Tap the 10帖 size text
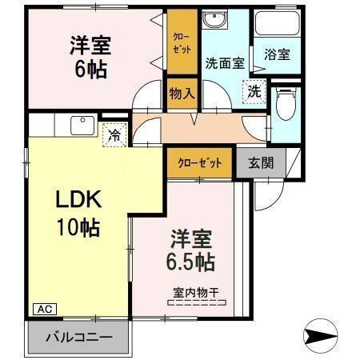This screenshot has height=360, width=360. pos(77,227)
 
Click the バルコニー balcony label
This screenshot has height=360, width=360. pos(78,337)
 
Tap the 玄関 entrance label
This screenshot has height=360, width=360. pos(260,162)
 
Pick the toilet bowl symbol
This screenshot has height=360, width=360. pos(284,102)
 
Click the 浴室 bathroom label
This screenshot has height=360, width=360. pos(277,55)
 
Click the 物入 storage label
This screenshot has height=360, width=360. pos(182,94)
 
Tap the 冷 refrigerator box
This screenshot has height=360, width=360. pos(116,136)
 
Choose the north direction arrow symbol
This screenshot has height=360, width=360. pos(323,334)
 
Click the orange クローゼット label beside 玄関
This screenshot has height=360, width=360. pos(198,162)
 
